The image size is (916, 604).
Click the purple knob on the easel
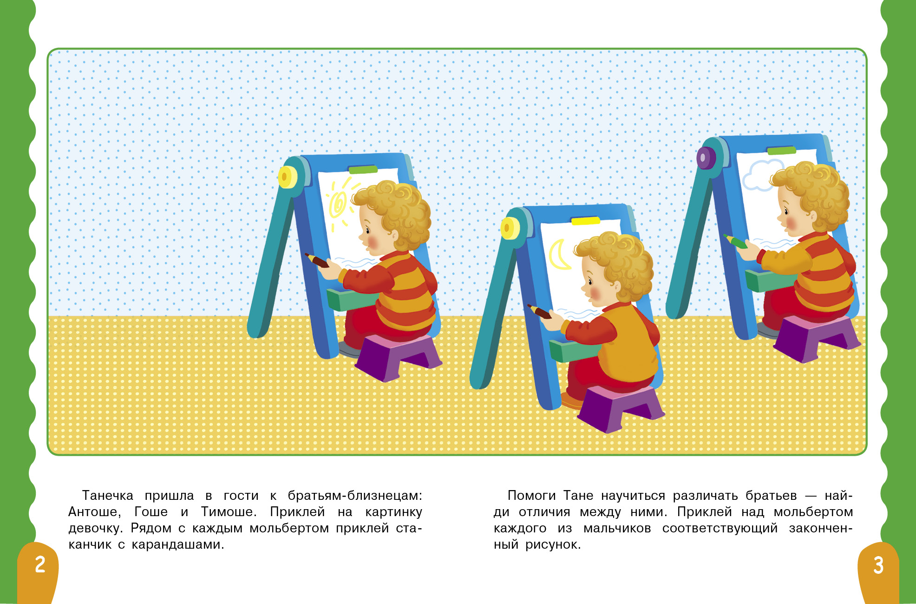tap(706, 158)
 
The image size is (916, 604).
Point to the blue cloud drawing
tap(762, 175)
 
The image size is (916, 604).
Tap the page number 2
tap(40, 564)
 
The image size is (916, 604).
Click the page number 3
tap(878, 565)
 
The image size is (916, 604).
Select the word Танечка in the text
tap(108, 496)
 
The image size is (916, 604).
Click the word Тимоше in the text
tap(229, 512)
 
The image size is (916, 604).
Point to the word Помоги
tap(531, 496)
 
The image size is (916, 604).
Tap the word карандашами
tap(178, 545)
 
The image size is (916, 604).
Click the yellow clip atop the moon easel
tap(585, 220)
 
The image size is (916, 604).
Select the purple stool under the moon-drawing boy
tap(621, 408)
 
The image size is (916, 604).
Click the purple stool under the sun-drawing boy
tap(398, 357)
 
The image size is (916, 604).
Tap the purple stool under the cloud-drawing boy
tap(817, 339)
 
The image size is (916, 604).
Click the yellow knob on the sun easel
tap(288, 177)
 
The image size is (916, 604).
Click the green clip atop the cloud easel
tap(781, 150)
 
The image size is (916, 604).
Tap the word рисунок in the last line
tap(553, 544)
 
